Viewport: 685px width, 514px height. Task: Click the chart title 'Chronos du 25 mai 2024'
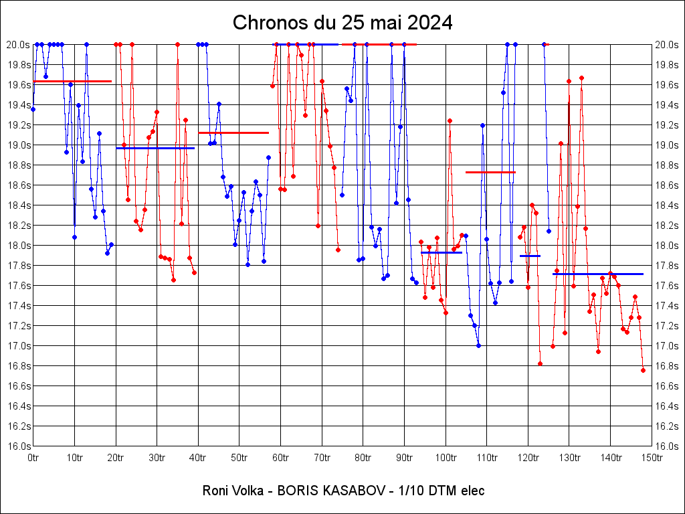point(342,23)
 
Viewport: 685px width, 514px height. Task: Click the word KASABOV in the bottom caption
point(353,491)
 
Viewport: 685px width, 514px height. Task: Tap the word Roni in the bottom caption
point(215,491)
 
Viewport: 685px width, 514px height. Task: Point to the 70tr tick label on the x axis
point(322,458)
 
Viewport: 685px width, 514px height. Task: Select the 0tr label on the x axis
point(33,458)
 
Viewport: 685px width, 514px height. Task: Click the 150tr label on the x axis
point(652,458)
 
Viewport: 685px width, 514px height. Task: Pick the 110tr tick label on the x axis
point(487,458)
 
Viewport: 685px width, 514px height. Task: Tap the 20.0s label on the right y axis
point(667,45)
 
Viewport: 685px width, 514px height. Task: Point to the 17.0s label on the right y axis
point(667,346)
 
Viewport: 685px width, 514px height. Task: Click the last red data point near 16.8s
point(643,370)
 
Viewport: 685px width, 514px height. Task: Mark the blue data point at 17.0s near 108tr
point(478,345)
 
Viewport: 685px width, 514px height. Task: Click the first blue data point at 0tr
point(33,109)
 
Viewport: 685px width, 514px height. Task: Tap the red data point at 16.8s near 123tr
point(540,363)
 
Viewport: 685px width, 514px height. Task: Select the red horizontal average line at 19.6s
point(72,81)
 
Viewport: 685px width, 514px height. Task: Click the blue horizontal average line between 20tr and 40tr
point(155,148)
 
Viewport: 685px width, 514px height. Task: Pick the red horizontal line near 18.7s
point(490,172)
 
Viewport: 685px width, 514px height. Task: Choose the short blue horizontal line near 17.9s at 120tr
point(530,256)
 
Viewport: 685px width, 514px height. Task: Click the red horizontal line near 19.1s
point(233,133)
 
